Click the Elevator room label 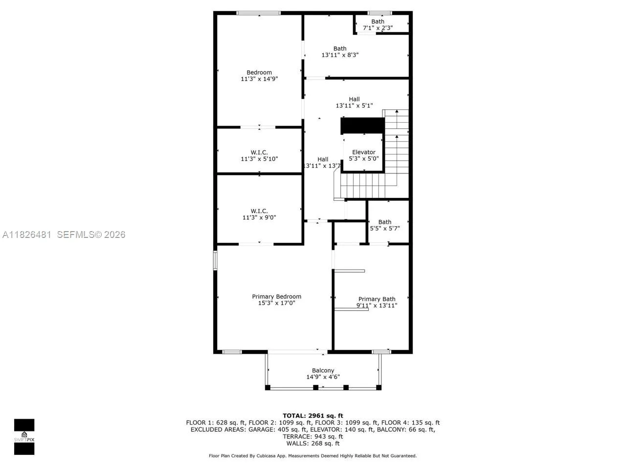pyautogui.click(x=363, y=152)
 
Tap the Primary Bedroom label pyautogui.click(x=276, y=297)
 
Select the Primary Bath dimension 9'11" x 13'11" pyautogui.click(x=376, y=306)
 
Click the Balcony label pyautogui.click(x=323, y=370)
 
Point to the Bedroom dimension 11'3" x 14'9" pyautogui.click(x=259, y=79)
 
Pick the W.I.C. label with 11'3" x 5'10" pyautogui.click(x=259, y=152)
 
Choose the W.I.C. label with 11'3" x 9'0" pyautogui.click(x=259, y=211)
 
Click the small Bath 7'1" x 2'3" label pyautogui.click(x=378, y=21)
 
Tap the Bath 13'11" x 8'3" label pyautogui.click(x=340, y=48)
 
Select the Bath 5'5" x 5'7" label pyautogui.click(x=384, y=222)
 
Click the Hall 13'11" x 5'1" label pyautogui.click(x=354, y=99)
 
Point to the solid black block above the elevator pyautogui.click(x=362, y=125)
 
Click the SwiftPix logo pyautogui.click(x=24, y=437)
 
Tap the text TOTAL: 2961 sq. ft pyautogui.click(x=313, y=416)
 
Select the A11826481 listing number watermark pyautogui.click(x=27, y=234)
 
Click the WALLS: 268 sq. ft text pyautogui.click(x=313, y=443)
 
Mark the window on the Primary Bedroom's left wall pyautogui.click(x=215, y=260)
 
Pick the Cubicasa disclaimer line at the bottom pyautogui.click(x=313, y=456)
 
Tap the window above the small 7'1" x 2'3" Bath pyautogui.click(x=380, y=13)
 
